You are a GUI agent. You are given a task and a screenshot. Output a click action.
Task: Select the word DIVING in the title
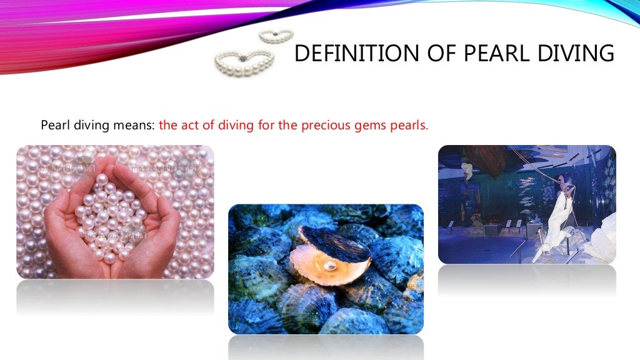click(576, 54)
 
